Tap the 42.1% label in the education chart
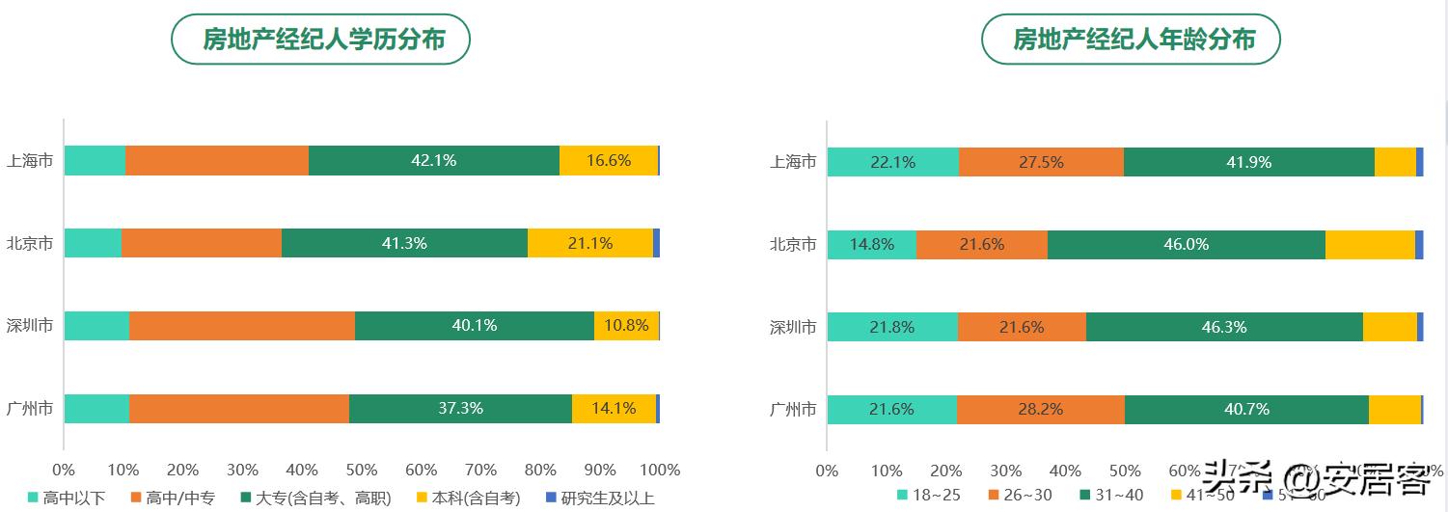pos(433,161)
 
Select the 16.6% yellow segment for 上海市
pos(608,161)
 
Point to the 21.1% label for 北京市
pos(589,244)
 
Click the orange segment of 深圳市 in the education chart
pos(241,326)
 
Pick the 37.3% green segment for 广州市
pos(460,409)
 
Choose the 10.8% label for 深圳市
pos(626,326)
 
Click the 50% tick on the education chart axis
pos(362,471)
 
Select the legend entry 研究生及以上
pos(599,498)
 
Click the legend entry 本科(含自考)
pos(467,498)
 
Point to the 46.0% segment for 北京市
pos(1186,245)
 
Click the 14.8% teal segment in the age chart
pos(871,245)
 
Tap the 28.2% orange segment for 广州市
pos(1040,410)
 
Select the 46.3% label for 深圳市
pos(1224,328)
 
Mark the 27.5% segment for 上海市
pos(1041,162)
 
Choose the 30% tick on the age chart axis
pos(1006,471)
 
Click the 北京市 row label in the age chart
pos(793,245)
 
